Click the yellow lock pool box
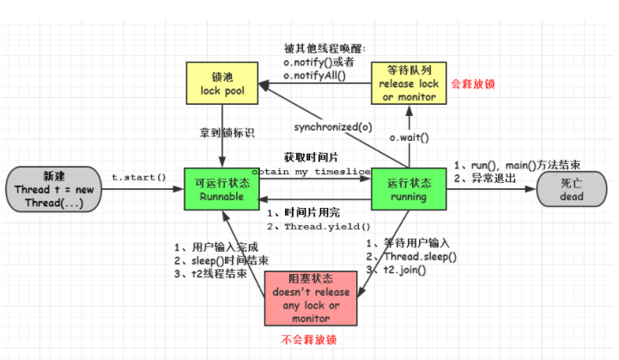[222, 82]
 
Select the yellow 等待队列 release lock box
[404, 82]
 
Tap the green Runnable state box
[222, 190]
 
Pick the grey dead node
[570, 190]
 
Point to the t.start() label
[139, 177]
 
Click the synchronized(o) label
[332, 127]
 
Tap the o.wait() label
[410, 136]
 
